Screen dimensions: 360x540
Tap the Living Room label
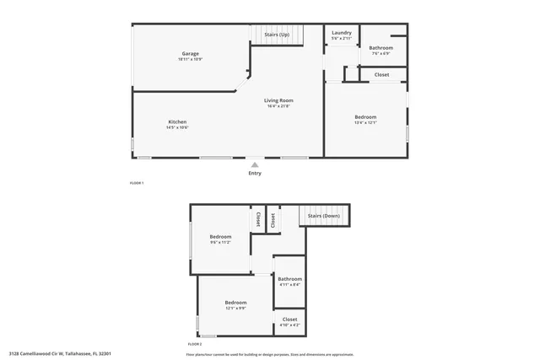pos(278,100)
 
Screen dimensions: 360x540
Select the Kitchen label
pos(177,121)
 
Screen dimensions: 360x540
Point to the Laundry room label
pos(342,33)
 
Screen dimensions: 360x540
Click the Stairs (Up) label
pos(277,34)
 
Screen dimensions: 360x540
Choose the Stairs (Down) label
pos(324,216)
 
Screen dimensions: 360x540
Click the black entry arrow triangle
pos(255,164)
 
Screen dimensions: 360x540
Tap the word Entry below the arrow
pos(255,174)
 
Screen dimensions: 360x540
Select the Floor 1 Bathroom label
pos(381,48)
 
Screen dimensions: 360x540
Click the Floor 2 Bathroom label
pos(290,279)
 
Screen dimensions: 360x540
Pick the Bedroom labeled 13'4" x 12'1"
pos(365,117)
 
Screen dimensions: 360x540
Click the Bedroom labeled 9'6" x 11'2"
pos(220,237)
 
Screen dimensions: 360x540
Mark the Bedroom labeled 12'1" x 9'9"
pos(235,303)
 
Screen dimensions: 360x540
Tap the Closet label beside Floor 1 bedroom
pos(381,74)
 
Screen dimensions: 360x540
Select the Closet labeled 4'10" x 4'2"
pos(289,320)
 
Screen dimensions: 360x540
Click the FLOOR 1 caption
pos(137,183)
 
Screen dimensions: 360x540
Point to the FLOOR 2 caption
pos(195,344)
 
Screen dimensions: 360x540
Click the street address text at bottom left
pos(60,354)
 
